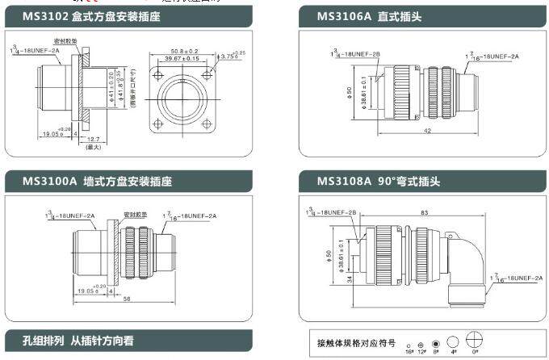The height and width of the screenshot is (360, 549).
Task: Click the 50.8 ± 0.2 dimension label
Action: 184,50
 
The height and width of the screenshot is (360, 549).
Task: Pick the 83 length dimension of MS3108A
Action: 423,212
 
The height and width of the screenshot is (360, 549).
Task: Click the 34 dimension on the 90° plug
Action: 326,280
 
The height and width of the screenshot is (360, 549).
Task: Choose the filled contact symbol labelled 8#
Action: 435,343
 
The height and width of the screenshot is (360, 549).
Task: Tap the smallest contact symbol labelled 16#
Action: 409,345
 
